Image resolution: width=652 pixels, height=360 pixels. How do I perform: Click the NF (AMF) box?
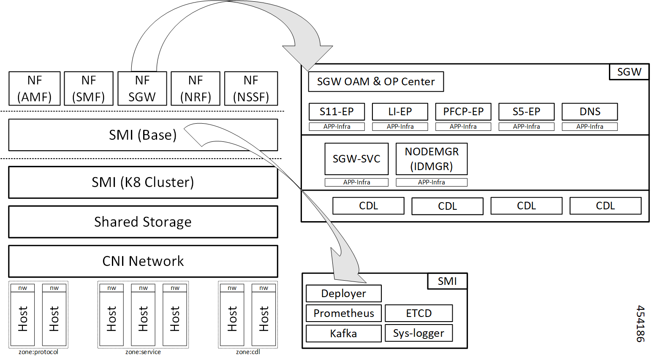[x=35, y=89]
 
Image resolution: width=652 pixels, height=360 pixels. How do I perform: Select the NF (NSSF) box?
[x=251, y=89]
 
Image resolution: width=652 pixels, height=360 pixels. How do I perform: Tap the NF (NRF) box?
[x=196, y=89]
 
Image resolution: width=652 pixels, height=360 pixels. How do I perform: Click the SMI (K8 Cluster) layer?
[x=143, y=182]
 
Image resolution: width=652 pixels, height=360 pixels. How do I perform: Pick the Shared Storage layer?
[x=143, y=222]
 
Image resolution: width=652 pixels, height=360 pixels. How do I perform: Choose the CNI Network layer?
[x=143, y=261]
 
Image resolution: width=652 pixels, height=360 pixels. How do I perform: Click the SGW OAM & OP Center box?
[x=376, y=82]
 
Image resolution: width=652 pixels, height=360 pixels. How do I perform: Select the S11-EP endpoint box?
[x=337, y=112]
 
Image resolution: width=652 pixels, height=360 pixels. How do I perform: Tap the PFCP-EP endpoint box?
[x=463, y=112]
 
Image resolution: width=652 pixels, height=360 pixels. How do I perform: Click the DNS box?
[x=590, y=112]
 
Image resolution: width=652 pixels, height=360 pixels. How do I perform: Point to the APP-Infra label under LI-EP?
[x=400, y=127]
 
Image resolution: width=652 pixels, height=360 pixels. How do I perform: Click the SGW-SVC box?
[x=356, y=159]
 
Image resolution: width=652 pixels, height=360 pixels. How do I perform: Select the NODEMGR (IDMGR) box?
[x=432, y=159]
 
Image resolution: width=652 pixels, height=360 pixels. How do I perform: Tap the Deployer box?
[x=343, y=293]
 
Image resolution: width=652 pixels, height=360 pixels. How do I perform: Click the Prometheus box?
[x=343, y=313]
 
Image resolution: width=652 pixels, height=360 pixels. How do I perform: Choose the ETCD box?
[x=418, y=313]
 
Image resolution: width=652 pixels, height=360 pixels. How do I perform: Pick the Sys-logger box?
[x=418, y=333]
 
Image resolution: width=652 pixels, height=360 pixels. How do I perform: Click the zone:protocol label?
[x=38, y=352]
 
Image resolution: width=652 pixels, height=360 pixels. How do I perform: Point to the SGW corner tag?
[x=629, y=72]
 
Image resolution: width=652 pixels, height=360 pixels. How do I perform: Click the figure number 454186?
[x=640, y=324]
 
